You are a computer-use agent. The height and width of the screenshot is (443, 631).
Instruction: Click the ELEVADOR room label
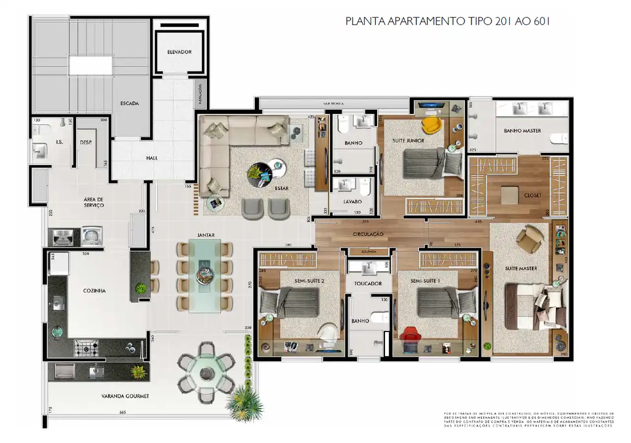click(179, 52)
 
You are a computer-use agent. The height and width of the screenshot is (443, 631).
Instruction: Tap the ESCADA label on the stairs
click(130, 104)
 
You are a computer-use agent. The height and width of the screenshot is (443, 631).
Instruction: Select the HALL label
click(152, 158)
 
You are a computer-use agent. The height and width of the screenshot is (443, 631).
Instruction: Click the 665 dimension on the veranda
click(122, 412)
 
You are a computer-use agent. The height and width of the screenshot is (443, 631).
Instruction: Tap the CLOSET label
click(533, 195)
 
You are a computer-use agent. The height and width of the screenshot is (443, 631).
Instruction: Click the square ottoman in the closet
click(510, 195)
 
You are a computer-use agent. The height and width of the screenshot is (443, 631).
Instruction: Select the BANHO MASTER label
click(522, 131)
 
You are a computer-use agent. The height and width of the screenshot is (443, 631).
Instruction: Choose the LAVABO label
click(352, 202)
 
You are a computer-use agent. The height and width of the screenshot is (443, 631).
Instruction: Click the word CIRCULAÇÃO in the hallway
click(369, 234)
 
